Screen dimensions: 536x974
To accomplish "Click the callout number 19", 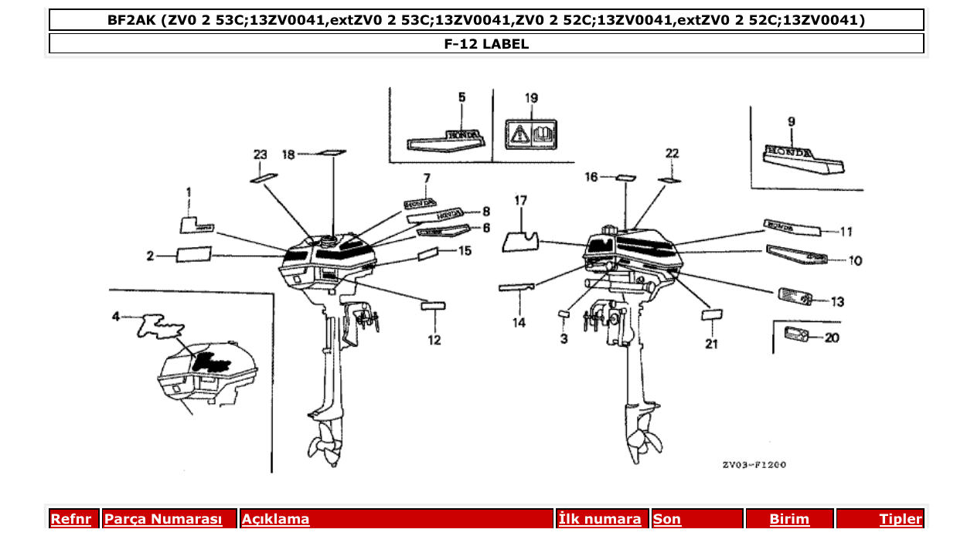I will (531, 98).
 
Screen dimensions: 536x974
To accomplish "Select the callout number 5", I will (461, 97).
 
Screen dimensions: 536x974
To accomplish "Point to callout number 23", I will (260, 154).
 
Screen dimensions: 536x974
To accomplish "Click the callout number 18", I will (288, 154).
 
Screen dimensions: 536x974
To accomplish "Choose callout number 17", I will (521, 201).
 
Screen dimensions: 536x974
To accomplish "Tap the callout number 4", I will (116, 316).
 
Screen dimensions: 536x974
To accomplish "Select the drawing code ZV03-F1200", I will (754, 465).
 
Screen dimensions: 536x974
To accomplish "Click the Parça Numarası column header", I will (163, 520).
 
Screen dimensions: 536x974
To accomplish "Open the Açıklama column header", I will (276, 520).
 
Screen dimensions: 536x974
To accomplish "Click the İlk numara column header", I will (600, 520).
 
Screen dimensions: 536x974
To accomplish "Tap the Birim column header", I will (789, 520).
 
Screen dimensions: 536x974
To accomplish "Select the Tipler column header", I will (900, 520).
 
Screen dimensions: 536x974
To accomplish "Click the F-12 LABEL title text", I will (486, 44).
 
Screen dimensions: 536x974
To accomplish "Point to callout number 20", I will (832, 338).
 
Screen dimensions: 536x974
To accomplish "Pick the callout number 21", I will (711, 344).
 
